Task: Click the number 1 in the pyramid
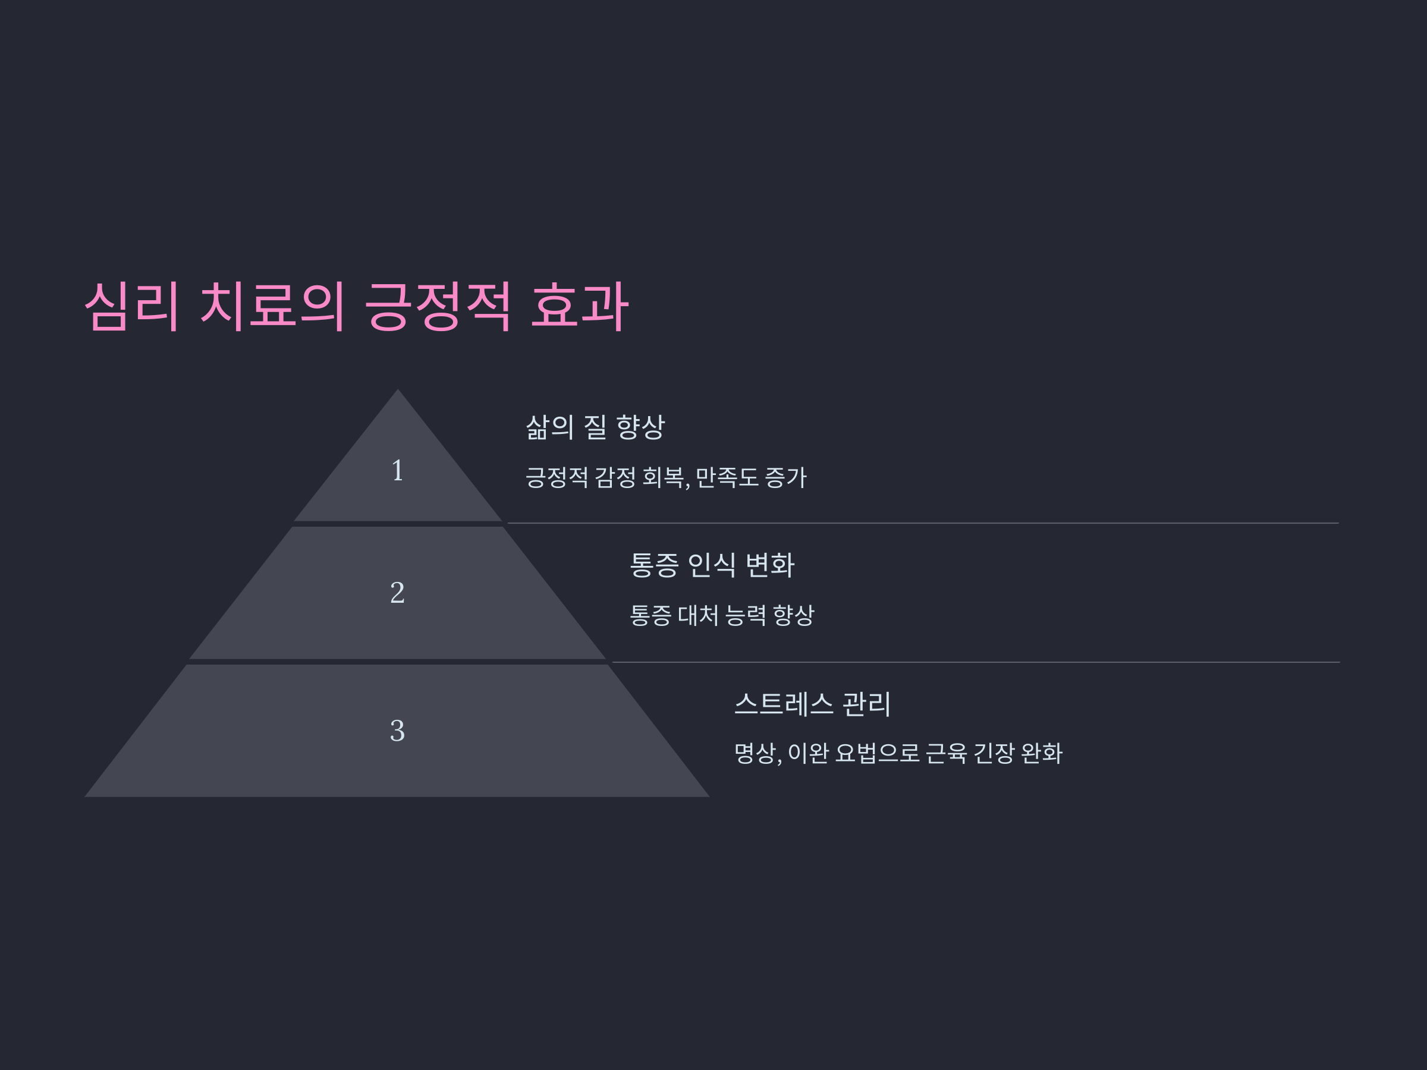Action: tap(397, 470)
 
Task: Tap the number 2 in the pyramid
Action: tap(397, 593)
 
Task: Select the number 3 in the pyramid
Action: tap(397, 731)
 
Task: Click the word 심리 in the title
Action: tap(131, 306)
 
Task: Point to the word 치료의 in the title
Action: tap(272, 306)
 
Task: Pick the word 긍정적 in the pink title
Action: tap(438, 306)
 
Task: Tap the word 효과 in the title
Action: tap(579, 306)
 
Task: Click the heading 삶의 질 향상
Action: tap(594, 427)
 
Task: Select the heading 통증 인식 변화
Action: tap(712, 565)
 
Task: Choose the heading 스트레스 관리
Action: tap(812, 704)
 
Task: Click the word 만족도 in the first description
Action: tap(727, 477)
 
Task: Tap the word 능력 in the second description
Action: tap(746, 615)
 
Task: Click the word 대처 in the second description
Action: tap(698, 615)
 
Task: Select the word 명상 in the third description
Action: tap(755, 753)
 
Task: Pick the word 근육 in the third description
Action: tap(946, 753)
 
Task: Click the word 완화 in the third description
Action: tap(1041, 753)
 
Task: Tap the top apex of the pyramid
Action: tap(397, 391)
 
